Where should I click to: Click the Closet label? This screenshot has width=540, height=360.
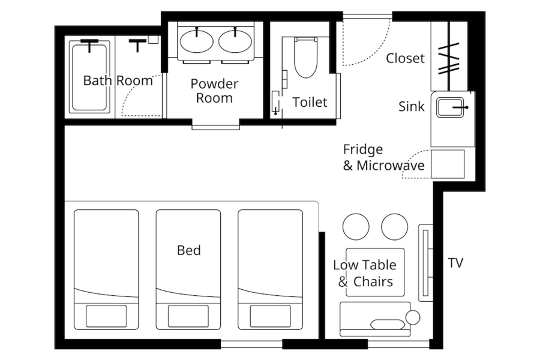[x=405, y=58]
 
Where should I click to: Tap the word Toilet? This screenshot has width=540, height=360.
[x=310, y=103]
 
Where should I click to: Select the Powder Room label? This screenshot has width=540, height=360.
[x=214, y=91]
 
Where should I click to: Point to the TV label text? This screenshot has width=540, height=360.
[x=455, y=263]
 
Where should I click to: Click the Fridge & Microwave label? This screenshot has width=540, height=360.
[x=383, y=157]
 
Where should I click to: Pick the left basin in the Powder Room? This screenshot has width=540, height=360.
[x=197, y=41]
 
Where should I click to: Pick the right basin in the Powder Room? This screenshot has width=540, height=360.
[x=235, y=41]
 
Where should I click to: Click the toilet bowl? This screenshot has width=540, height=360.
[x=305, y=58]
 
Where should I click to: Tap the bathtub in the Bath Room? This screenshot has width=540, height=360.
[x=89, y=77]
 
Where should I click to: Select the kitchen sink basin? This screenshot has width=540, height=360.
[x=450, y=107]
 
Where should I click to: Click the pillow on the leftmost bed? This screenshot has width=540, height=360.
[x=106, y=316]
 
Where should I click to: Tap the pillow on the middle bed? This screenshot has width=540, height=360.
[x=188, y=316]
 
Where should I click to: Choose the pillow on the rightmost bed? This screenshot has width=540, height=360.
[x=270, y=316]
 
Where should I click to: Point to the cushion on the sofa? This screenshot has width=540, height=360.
[x=388, y=325]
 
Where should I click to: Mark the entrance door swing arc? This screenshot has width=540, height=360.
[x=376, y=52]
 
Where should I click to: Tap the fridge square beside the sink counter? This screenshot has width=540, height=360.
[x=448, y=164]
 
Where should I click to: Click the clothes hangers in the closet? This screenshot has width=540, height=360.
[x=449, y=59]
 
